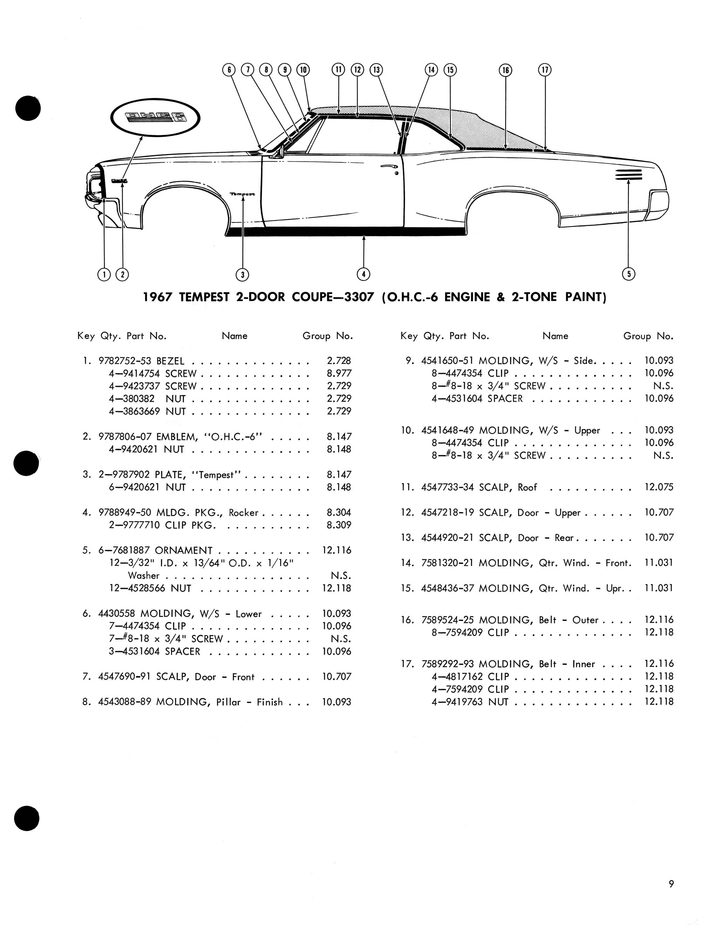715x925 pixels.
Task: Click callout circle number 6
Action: click(x=229, y=70)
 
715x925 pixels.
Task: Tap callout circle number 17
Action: click(x=545, y=70)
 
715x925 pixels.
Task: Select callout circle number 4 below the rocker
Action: click(x=363, y=274)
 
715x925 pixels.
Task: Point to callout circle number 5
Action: click(x=628, y=274)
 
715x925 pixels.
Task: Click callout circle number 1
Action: click(x=104, y=275)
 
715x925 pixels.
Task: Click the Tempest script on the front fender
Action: click(x=243, y=194)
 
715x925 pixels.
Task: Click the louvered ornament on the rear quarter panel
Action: click(x=629, y=174)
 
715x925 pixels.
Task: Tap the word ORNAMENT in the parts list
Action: click(x=183, y=550)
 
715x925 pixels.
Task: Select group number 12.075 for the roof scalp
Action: click(x=659, y=487)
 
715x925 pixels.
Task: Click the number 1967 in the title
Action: click(x=158, y=297)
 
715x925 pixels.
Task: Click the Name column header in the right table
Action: click(x=555, y=336)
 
